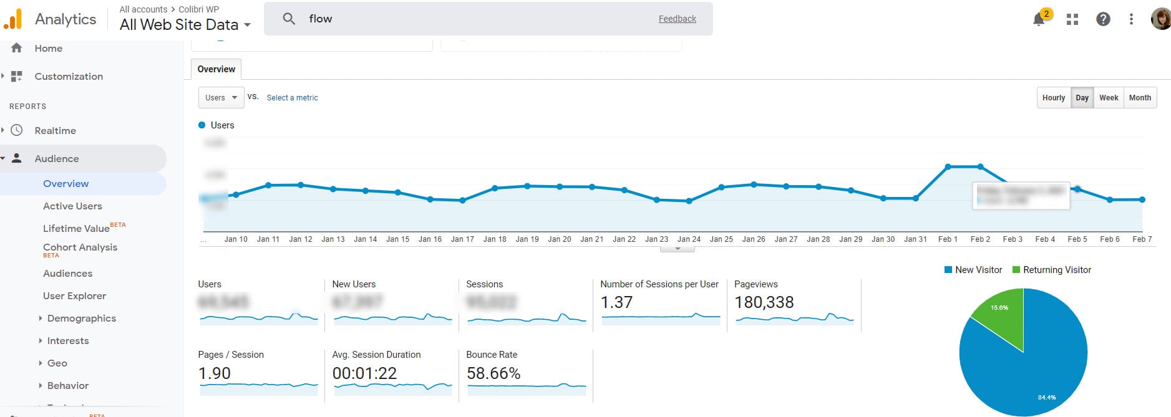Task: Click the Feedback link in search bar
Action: (x=677, y=19)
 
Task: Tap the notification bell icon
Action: (x=1039, y=19)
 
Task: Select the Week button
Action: (x=1109, y=98)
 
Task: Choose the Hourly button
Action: (x=1054, y=98)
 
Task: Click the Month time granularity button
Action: (x=1140, y=98)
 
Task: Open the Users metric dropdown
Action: (x=221, y=98)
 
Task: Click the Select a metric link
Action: (x=292, y=98)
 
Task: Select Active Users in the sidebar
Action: (x=72, y=206)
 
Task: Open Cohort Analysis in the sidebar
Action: (x=80, y=247)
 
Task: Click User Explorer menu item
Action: (x=74, y=296)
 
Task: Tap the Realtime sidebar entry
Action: (x=55, y=131)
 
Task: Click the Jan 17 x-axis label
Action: (x=462, y=239)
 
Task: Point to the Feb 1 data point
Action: (x=948, y=166)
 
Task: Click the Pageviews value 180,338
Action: (x=764, y=303)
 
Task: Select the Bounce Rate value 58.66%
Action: (x=493, y=373)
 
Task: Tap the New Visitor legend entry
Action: (x=973, y=270)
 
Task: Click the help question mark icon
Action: (x=1103, y=19)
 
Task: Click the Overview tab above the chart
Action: (x=216, y=69)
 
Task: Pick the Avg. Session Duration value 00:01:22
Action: (x=364, y=373)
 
